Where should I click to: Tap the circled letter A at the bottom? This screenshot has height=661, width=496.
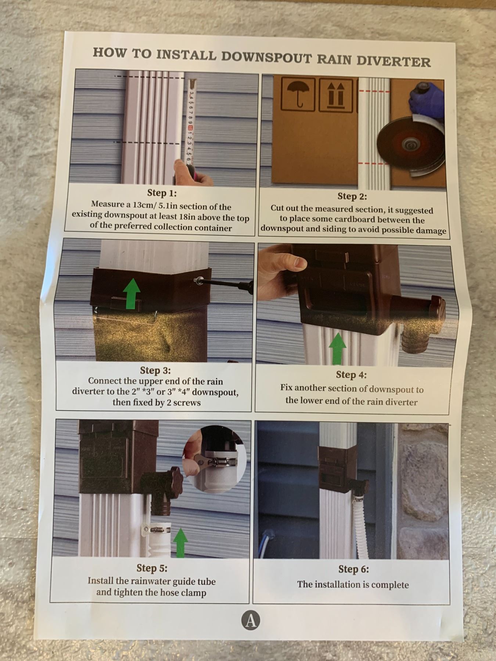point(251,620)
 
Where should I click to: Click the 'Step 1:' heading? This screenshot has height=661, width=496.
point(162,193)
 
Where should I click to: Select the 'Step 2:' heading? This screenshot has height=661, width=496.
point(352,196)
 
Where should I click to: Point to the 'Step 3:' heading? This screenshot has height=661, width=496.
point(155,370)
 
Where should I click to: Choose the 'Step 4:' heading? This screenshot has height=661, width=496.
point(351,375)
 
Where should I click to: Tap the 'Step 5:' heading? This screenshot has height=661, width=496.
point(152,568)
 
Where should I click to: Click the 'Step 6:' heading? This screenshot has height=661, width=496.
point(353,569)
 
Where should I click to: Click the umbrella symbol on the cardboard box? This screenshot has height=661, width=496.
point(298,94)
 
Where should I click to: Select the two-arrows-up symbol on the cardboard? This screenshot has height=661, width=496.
point(336,95)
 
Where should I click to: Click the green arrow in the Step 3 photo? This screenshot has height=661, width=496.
point(132,293)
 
